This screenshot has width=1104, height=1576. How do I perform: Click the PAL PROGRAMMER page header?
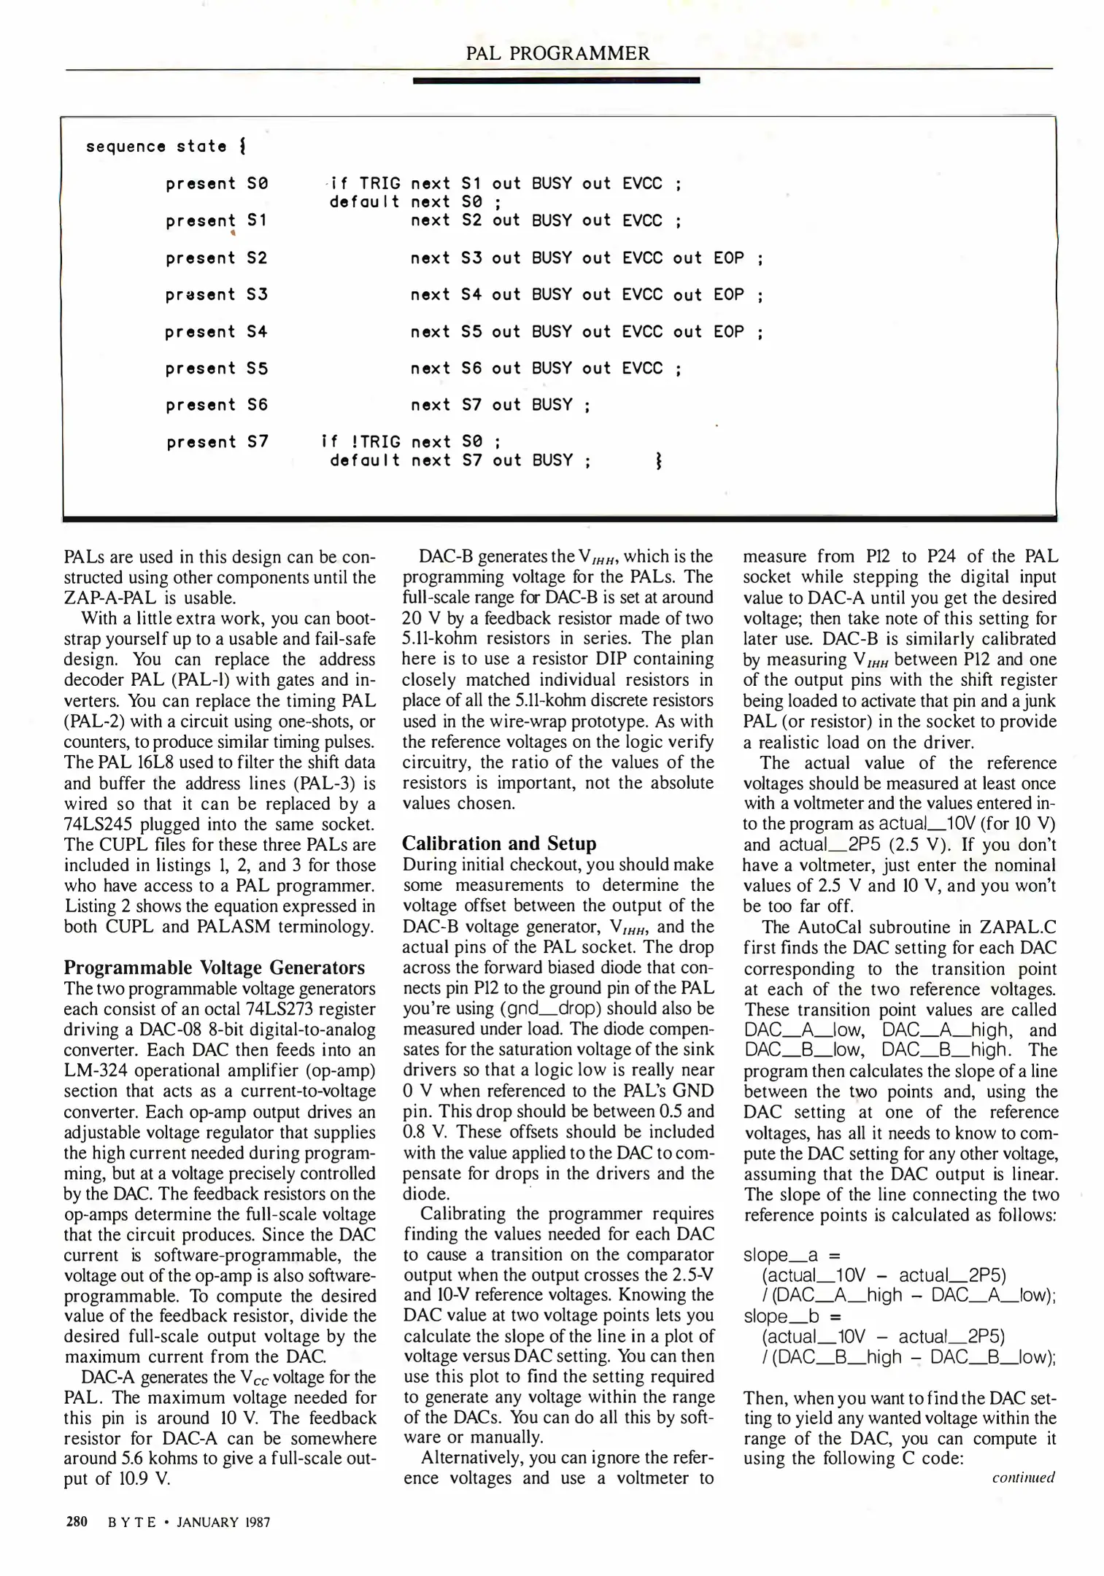pyautogui.click(x=557, y=53)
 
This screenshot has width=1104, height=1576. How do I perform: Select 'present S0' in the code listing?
pyautogui.click(x=217, y=184)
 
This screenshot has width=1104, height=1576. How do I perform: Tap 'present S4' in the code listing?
pyautogui.click(x=217, y=332)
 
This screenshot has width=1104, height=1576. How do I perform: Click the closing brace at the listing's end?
pyautogui.click(x=659, y=461)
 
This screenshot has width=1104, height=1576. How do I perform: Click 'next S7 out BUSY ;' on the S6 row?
pyautogui.click(x=500, y=405)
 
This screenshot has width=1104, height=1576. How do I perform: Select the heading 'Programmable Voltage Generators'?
pyautogui.click(x=214, y=967)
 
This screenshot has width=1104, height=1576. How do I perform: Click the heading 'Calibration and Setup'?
pyautogui.click(x=499, y=843)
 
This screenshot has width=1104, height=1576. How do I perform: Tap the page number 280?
pyautogui.click(x=77, y=1522)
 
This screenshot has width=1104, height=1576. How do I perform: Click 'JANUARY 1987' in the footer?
pyautogui.click(x=223, y=1523)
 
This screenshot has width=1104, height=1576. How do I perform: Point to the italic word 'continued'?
pyautogui.click(x=1023, y=1477)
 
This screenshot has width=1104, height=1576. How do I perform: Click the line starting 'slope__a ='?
pyautogui.click(x=792, y=1255)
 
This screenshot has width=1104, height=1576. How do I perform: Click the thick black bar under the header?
pyautogui.click(x=556, y=80)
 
